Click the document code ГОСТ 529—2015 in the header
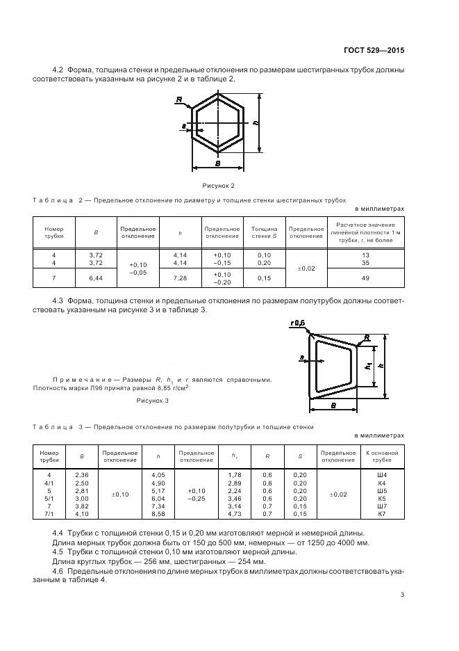374,51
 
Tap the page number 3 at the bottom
402,594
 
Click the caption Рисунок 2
218,186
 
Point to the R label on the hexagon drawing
179,100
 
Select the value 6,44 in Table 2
96,278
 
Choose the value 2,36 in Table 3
82,474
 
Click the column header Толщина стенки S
264,232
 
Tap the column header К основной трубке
381,456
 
